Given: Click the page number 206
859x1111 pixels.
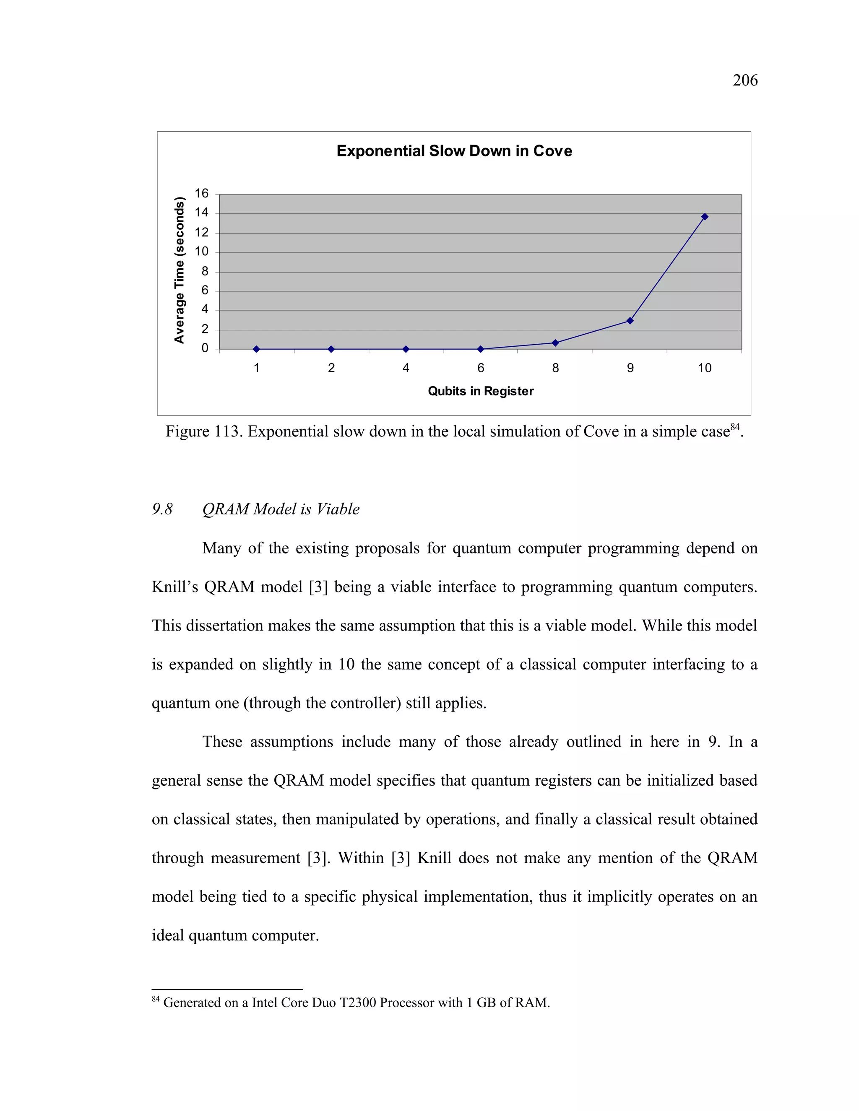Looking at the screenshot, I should (x=744, y=80).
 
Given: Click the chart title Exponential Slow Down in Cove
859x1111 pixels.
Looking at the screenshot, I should (x=454, y=151).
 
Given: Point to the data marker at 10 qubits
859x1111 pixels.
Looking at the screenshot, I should (x=704, y=217).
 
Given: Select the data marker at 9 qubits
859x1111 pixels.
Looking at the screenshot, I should (x=630, y=320).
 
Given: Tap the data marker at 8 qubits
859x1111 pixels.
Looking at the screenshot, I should (x=555, y=343).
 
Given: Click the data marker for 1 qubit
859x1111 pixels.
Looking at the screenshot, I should (x=256, y=349).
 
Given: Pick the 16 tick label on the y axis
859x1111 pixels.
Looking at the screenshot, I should (x=201, y=193).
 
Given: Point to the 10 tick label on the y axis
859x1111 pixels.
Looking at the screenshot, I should (x=201, y=251).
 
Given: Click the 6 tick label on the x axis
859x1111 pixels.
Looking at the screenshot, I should (x=480, y=368).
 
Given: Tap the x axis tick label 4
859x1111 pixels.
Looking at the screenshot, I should (x=406, y=368).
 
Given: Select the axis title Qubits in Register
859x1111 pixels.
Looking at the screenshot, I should (x=480, y=391).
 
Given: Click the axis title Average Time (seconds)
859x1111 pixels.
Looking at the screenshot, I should (x=179, y=270).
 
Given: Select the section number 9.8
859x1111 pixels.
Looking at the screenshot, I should (x=162, y=509).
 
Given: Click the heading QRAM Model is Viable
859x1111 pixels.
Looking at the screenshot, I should (x=281, y=509).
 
